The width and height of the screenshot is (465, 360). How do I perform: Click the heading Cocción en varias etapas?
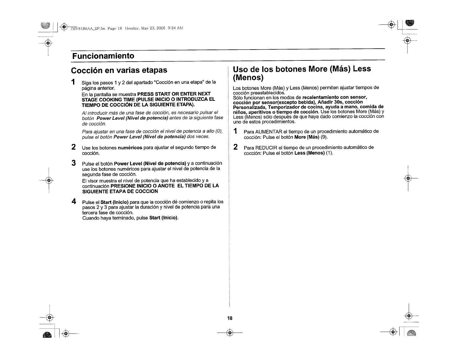pos(119,70)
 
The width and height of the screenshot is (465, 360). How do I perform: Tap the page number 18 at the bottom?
pos(230,318)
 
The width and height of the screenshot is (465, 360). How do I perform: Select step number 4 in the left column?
pos(74,202)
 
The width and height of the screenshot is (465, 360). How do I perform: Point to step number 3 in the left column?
pos(74,163)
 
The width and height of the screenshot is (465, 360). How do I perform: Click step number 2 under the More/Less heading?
pos(235,147)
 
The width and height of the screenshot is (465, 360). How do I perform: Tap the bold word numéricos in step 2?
pos(130,147)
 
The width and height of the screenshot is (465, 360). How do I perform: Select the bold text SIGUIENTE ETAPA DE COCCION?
pos(120,191)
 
